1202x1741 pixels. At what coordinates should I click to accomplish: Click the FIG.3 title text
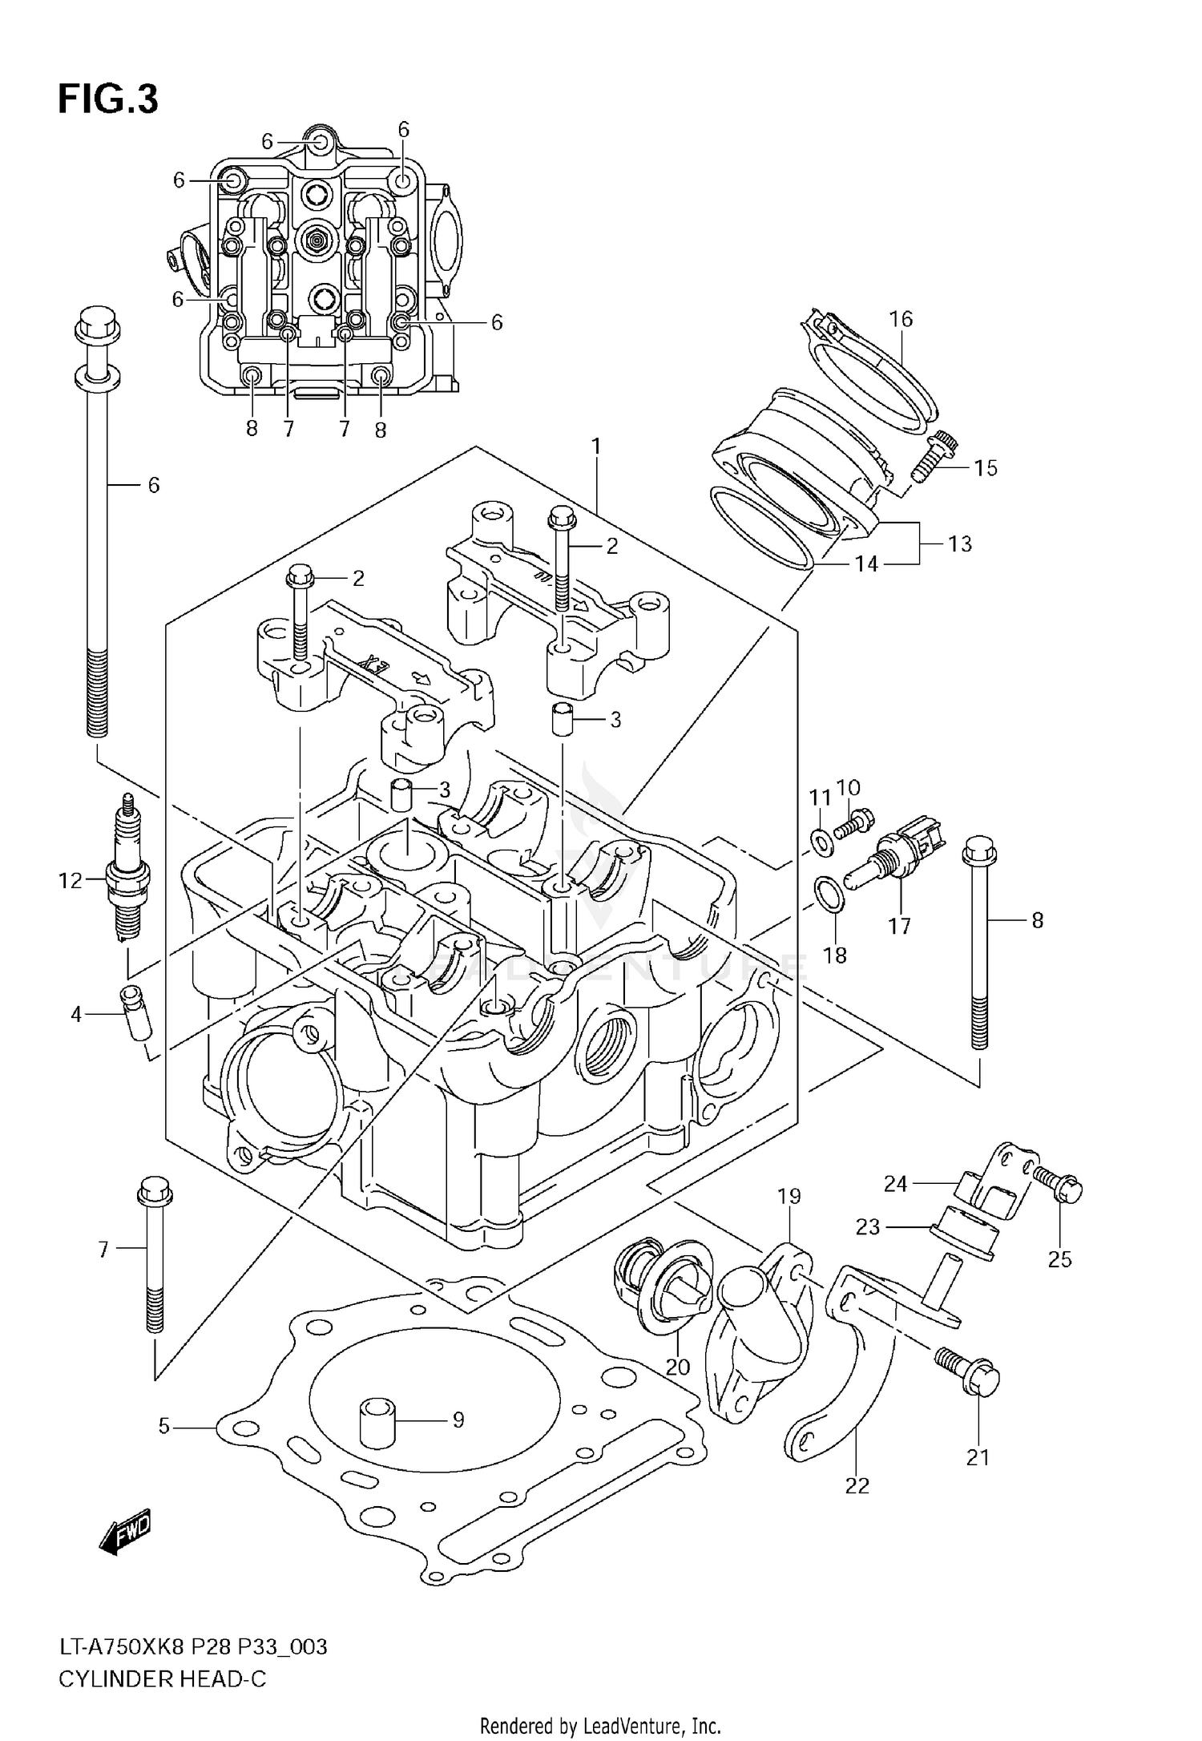[107, 100]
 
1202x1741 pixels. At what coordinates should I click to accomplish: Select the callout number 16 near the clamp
[901, 319]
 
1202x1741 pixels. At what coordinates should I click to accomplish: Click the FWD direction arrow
[126, 1534]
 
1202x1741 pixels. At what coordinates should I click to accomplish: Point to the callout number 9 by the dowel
[458, 1420]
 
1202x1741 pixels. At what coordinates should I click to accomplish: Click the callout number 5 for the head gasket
[164, 1426]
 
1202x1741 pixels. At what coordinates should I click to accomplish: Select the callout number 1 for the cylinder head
[595, 446]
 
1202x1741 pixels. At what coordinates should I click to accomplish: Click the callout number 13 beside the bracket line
[959, 543]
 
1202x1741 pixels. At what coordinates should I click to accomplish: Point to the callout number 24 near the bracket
[895, 1183]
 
